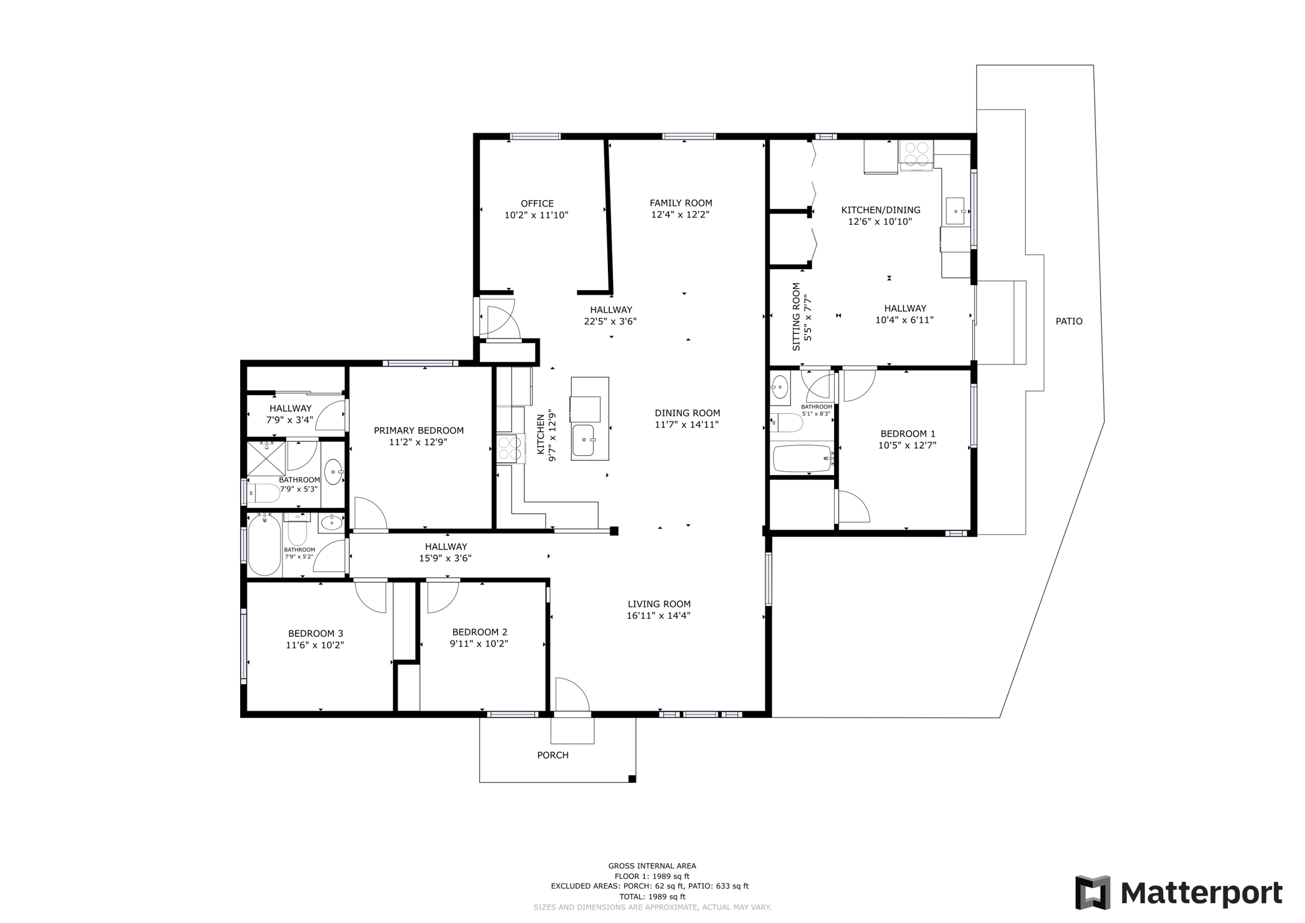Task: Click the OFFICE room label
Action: click(x=537, y=204)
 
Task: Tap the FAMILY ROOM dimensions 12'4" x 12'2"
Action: click(x=680, y=215)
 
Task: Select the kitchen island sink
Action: click(x=583, y=440)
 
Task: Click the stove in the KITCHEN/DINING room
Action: click(x=916, y=154)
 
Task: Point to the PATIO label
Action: click(x=1069, y=321)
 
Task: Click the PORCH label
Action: click(x=552, y=755)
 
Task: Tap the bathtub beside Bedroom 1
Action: click(x=802, y=458)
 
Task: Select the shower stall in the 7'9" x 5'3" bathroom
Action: click(x=266, y=458)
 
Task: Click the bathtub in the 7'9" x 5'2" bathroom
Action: click(x=264, y=545)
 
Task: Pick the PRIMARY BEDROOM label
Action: click(x=419, y=430)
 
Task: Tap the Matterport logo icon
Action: click(x=1092, y=892)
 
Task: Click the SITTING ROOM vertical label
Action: click(x=796, y=317)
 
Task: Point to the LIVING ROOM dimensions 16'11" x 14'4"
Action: click(x=658, y=616)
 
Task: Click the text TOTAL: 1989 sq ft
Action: click(x=652, y=896)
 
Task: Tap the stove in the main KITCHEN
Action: click(x=509, y=447)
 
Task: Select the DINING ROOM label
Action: click(x=687, y=413)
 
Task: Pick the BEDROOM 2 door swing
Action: click(x=442, y=595)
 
